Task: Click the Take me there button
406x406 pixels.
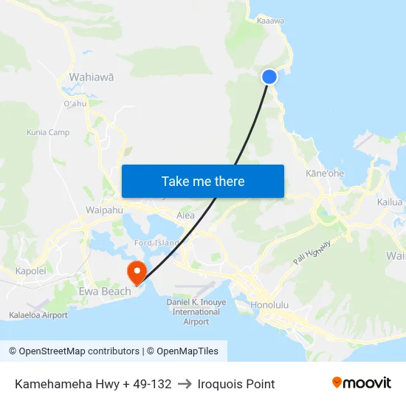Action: [203, 181]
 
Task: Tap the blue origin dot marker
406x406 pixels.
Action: [269, 76]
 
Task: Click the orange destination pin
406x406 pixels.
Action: [137, 272]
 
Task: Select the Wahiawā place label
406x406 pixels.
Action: [91, 77]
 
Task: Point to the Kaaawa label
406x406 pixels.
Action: [270, 21]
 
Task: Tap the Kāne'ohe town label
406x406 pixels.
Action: [325, 173]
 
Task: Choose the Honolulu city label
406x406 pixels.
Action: [269, 304]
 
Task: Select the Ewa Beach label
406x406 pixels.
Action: [105, 292]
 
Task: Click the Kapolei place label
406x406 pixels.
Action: [31, 271]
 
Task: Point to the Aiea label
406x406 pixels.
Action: [186, 216]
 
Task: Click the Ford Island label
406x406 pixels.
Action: [156, 243]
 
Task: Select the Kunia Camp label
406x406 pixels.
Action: [48, 132]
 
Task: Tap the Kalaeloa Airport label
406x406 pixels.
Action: [38, 315]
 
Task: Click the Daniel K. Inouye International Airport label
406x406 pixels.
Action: [196, 312]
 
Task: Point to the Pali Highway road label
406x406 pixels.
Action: [311, 252]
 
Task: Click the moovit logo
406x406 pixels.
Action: [361, 383]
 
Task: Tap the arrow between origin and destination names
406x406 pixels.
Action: [185, 384]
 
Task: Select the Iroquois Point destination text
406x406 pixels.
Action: [236, 384]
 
